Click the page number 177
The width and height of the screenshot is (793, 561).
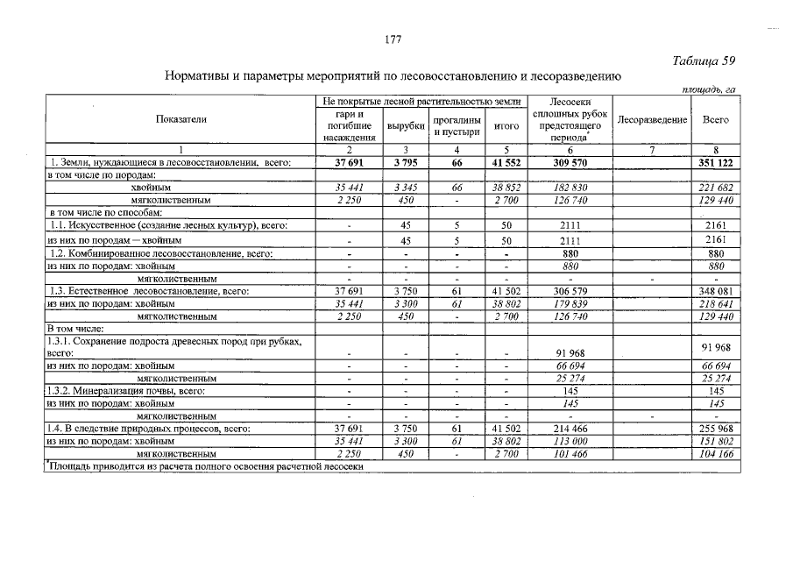(393, 39)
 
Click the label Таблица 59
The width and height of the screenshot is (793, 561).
(704, 60)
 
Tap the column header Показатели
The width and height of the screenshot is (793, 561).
(181, 119)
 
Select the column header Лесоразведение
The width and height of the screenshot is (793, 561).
(652, 120)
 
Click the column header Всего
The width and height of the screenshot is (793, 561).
(716, 120)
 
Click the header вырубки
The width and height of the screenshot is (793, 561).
(405, 126)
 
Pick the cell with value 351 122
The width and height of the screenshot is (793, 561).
(716, 162)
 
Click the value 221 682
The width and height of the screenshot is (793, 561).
(716, 188)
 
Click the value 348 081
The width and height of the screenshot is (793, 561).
(716, 290)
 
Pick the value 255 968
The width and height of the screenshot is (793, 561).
(716, 429)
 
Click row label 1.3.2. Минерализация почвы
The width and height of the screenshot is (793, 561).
(126, 391)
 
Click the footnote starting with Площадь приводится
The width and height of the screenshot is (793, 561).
(206, 466)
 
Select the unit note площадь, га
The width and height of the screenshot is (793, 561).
(709, 89)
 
